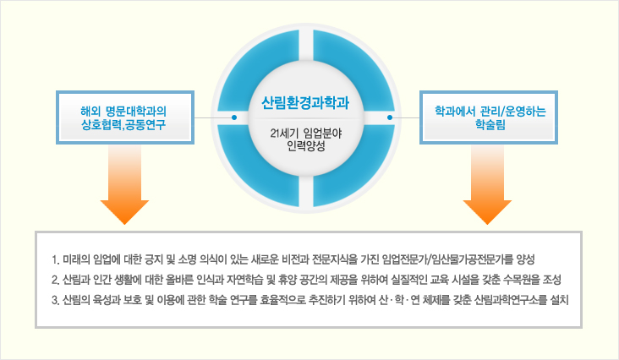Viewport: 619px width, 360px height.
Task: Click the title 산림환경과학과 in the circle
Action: [305, 103]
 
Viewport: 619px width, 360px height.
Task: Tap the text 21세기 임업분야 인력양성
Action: [306, 139]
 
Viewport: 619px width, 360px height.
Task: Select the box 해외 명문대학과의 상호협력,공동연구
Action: [125, 117]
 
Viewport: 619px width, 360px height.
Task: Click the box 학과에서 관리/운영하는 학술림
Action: [488, 117]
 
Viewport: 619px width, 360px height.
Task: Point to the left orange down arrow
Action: [125, 184]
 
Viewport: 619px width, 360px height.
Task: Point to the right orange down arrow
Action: [488, 184]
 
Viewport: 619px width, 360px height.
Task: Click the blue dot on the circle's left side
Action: [234, 117]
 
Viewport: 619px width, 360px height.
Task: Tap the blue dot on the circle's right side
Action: [390, 117]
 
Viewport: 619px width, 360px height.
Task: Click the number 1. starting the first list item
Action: [55, 259]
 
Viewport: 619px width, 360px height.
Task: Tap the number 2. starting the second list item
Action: [55, 281]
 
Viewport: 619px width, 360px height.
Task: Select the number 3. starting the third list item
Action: [55, 301]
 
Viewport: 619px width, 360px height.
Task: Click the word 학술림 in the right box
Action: [490, 125]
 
